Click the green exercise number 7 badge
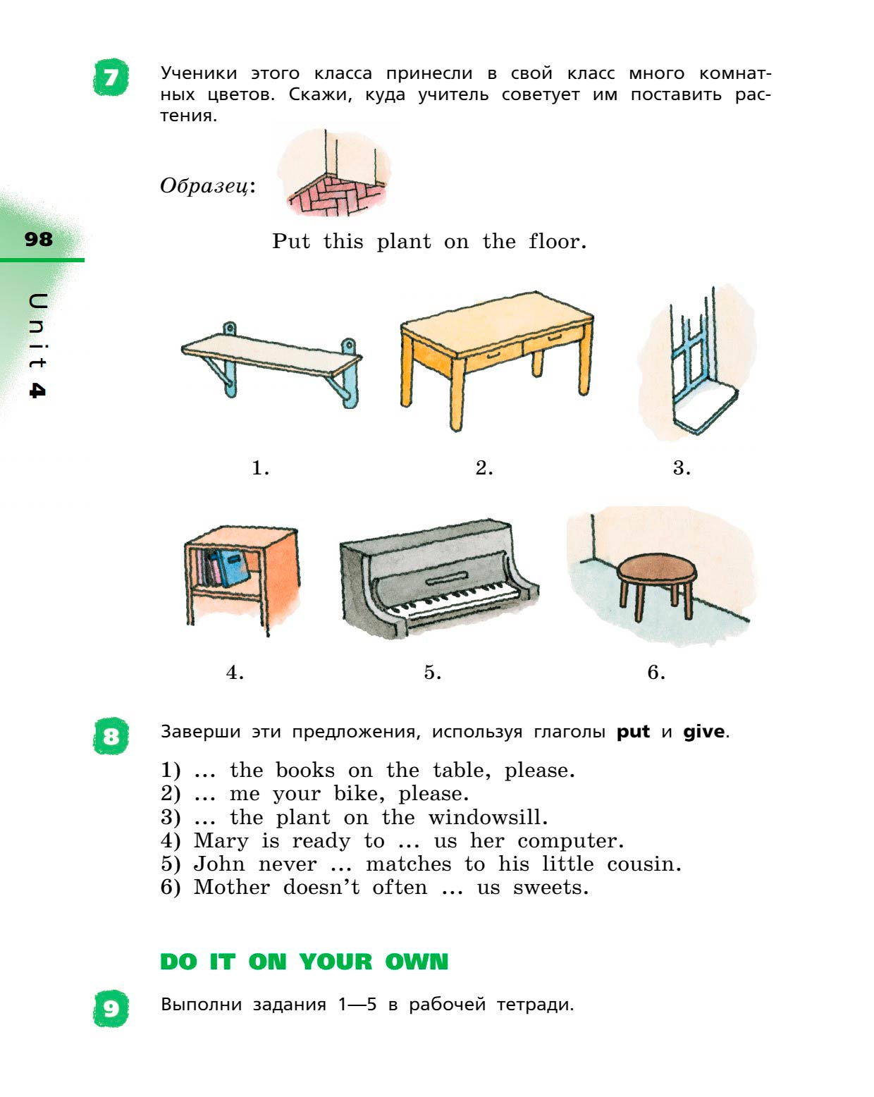coord(111,78)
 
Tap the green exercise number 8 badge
coord(111,736)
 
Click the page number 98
coord(39,239)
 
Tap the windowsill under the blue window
coord(706,407)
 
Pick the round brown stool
coord(656,584)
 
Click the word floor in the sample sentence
coord(557,241)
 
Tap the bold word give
coord(704,732)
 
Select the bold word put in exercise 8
coord(633,733)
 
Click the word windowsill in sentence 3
coord(488,817)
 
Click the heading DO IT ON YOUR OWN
coord(304,962)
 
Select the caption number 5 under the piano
coord(432,672)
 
